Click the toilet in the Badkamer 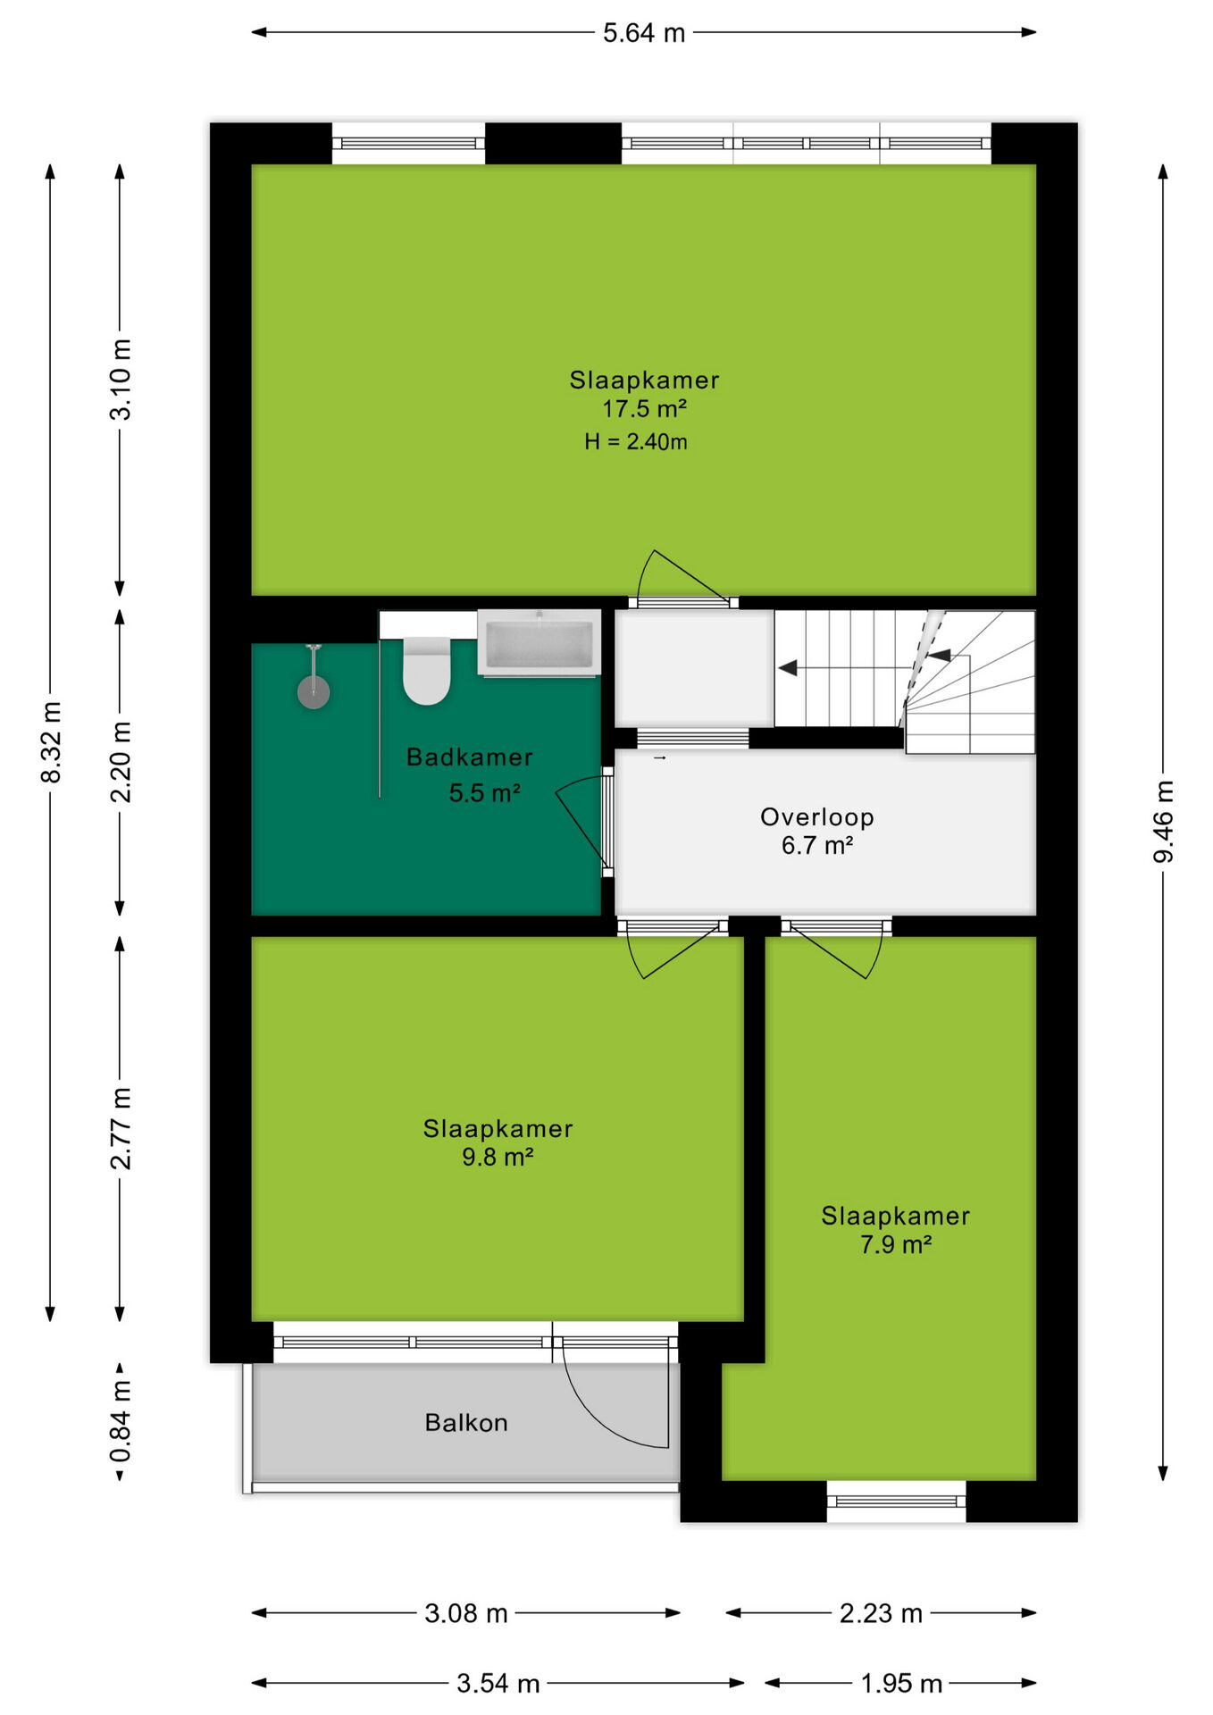426,670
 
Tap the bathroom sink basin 539,641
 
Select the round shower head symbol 314,691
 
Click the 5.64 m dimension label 644,33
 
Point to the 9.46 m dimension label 1163,822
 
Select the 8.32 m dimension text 51,742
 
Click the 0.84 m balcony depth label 121,1421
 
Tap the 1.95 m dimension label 901,1684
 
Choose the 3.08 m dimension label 466,1613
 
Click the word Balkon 466,1422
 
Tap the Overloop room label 817,817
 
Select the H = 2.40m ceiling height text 636,441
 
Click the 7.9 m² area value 896,1244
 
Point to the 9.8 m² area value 498,1157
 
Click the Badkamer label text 470,757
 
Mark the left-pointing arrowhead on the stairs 788,667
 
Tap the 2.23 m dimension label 881,1613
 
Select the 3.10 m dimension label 121,380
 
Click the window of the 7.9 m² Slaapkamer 896,1502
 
